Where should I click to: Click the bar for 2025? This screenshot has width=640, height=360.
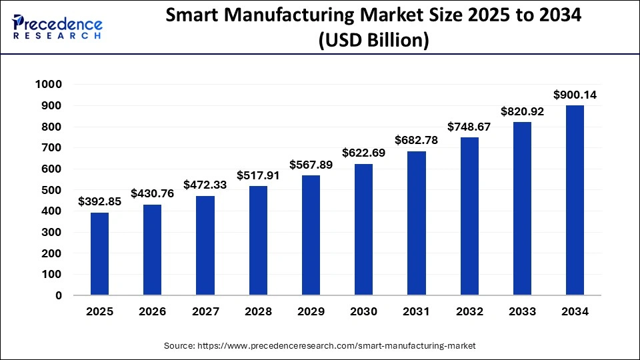[99, 254]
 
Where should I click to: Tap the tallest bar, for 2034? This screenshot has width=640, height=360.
[575, 200]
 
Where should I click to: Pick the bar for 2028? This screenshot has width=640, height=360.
[258, 241]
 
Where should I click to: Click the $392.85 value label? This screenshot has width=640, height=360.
[99, 201]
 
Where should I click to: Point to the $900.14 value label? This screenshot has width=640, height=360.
[575, 95]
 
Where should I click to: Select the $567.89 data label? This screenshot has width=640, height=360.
[311, 165]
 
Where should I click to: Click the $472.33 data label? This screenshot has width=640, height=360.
[205, 185]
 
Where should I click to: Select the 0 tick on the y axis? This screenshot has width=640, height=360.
[58, 295]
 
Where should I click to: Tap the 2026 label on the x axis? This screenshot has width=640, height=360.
[152, 311]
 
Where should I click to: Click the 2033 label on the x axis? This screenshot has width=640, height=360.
[522, 311]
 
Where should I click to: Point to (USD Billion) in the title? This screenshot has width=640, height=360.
[373, 41]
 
